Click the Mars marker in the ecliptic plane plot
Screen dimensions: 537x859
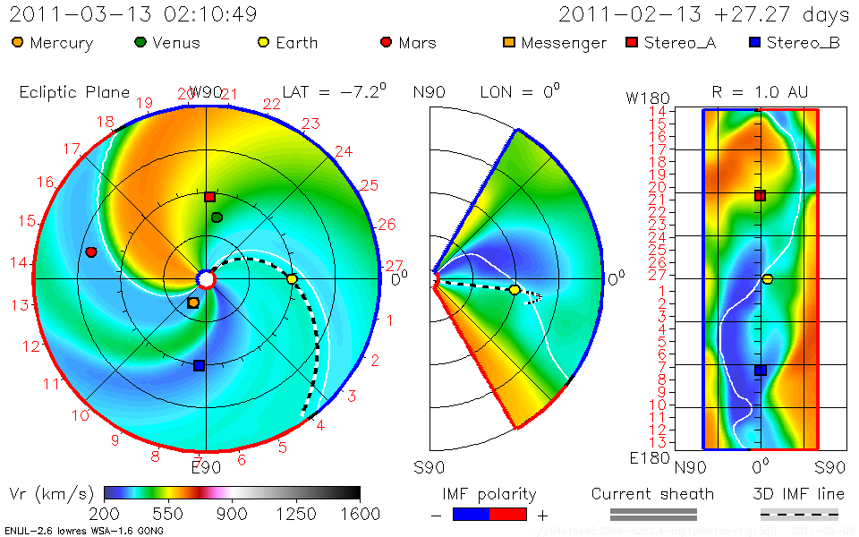pos(90,252)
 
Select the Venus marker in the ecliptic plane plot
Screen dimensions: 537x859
pos(217,217)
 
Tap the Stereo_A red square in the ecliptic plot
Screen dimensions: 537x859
pos(209,197)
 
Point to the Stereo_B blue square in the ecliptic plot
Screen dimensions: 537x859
pos(199,365)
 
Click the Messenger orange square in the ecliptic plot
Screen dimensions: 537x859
pos(193,303)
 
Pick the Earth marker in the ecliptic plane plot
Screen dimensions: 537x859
pos(292,279)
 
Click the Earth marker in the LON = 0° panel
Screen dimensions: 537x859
pos(515,290)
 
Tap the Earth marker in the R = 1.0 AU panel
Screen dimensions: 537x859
pos(767,279)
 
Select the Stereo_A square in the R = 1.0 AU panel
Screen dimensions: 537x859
pos(760,195)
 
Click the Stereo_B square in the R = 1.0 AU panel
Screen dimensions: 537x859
pos(760,371)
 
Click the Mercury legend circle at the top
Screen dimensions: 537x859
pos(18,42)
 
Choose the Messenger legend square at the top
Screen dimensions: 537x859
pos(509,42)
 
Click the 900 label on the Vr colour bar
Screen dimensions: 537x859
pos(232,514)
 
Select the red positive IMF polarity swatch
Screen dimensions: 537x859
pos(508,514)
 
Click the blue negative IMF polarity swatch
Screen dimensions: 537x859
pos(472,514)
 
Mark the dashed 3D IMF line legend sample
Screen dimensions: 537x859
pos(799,514)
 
